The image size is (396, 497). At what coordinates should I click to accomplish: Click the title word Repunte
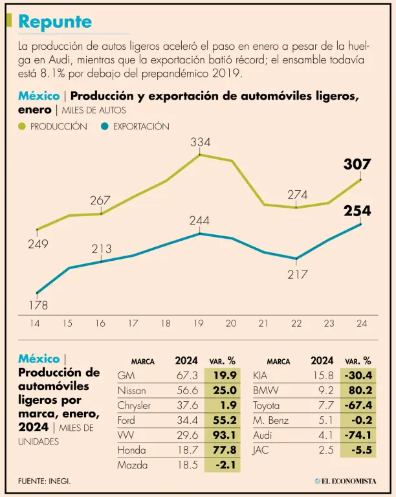coord(55,21)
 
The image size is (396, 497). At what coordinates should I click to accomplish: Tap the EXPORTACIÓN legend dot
coord(105,127)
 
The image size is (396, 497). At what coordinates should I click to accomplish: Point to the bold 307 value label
coord(357,164)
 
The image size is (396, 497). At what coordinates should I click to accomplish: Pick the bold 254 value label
coord(357,210)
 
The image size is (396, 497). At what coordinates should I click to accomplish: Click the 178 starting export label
coord(38,305)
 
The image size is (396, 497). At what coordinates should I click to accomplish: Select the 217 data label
coord(297,274)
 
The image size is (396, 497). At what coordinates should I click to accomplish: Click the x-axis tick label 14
coord(36,323)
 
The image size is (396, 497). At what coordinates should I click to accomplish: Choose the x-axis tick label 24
coord(360,323)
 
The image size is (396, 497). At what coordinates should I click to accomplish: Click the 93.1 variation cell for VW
coord(223,435)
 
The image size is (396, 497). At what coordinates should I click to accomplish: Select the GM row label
coord(126,375)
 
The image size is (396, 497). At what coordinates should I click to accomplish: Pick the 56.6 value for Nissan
coord(186,390)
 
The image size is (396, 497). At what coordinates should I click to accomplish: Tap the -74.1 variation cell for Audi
coord(359,435)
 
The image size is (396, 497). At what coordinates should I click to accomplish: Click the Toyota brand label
coord(267,405)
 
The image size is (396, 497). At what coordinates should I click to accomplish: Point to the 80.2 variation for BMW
coord(359,390)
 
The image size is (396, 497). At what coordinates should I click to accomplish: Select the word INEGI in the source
coord(60,481)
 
